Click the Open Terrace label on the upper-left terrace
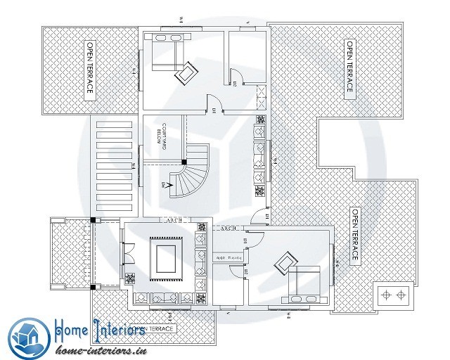click(x=90, y=70)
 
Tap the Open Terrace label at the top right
click(x=349, y=66)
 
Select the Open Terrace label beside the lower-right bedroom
click(x=355, y=236)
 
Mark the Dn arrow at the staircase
click(x=167, y=185)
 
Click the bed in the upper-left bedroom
click(x=167, y=55)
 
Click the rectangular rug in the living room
click(x=166, y=257)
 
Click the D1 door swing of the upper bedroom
click(x=217, y=105)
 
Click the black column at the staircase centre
click(x=184, y=162)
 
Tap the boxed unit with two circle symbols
click(x=394, y=295)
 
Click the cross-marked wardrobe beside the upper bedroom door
click(x=260, y=94)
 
